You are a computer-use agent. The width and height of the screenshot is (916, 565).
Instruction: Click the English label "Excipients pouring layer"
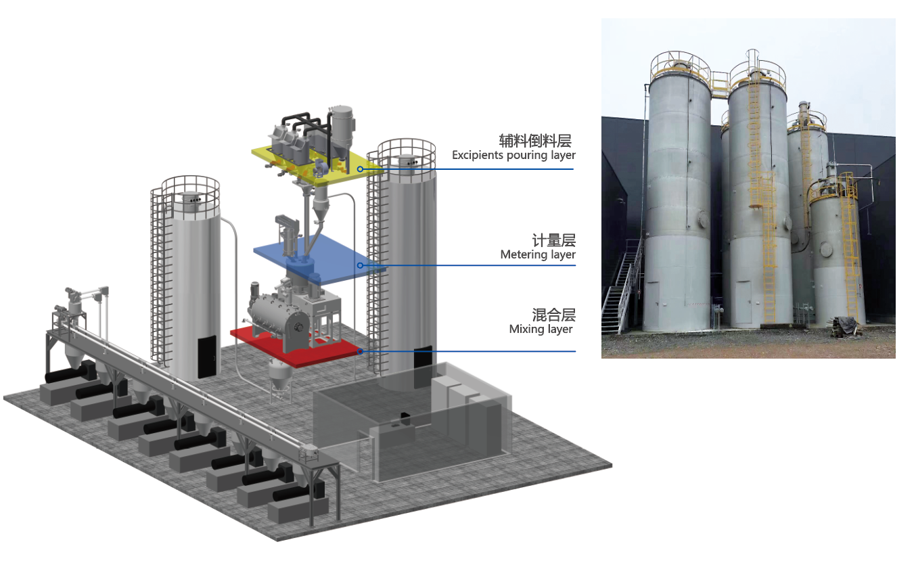click(x=513, y=156)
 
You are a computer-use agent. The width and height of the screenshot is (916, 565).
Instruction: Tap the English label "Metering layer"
click(x=538, y=255)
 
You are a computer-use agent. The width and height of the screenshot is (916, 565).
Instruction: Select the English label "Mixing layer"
click(x=541, y=330)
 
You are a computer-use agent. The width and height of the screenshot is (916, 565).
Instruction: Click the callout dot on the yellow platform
click(x=361, y=168)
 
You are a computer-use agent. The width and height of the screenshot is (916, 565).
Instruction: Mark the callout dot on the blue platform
click(x=361, y=265)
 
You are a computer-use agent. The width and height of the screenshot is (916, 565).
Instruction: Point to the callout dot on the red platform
click(x=361, y=351)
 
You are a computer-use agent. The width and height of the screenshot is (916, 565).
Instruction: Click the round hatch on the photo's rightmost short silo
click(x=827, y=249)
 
